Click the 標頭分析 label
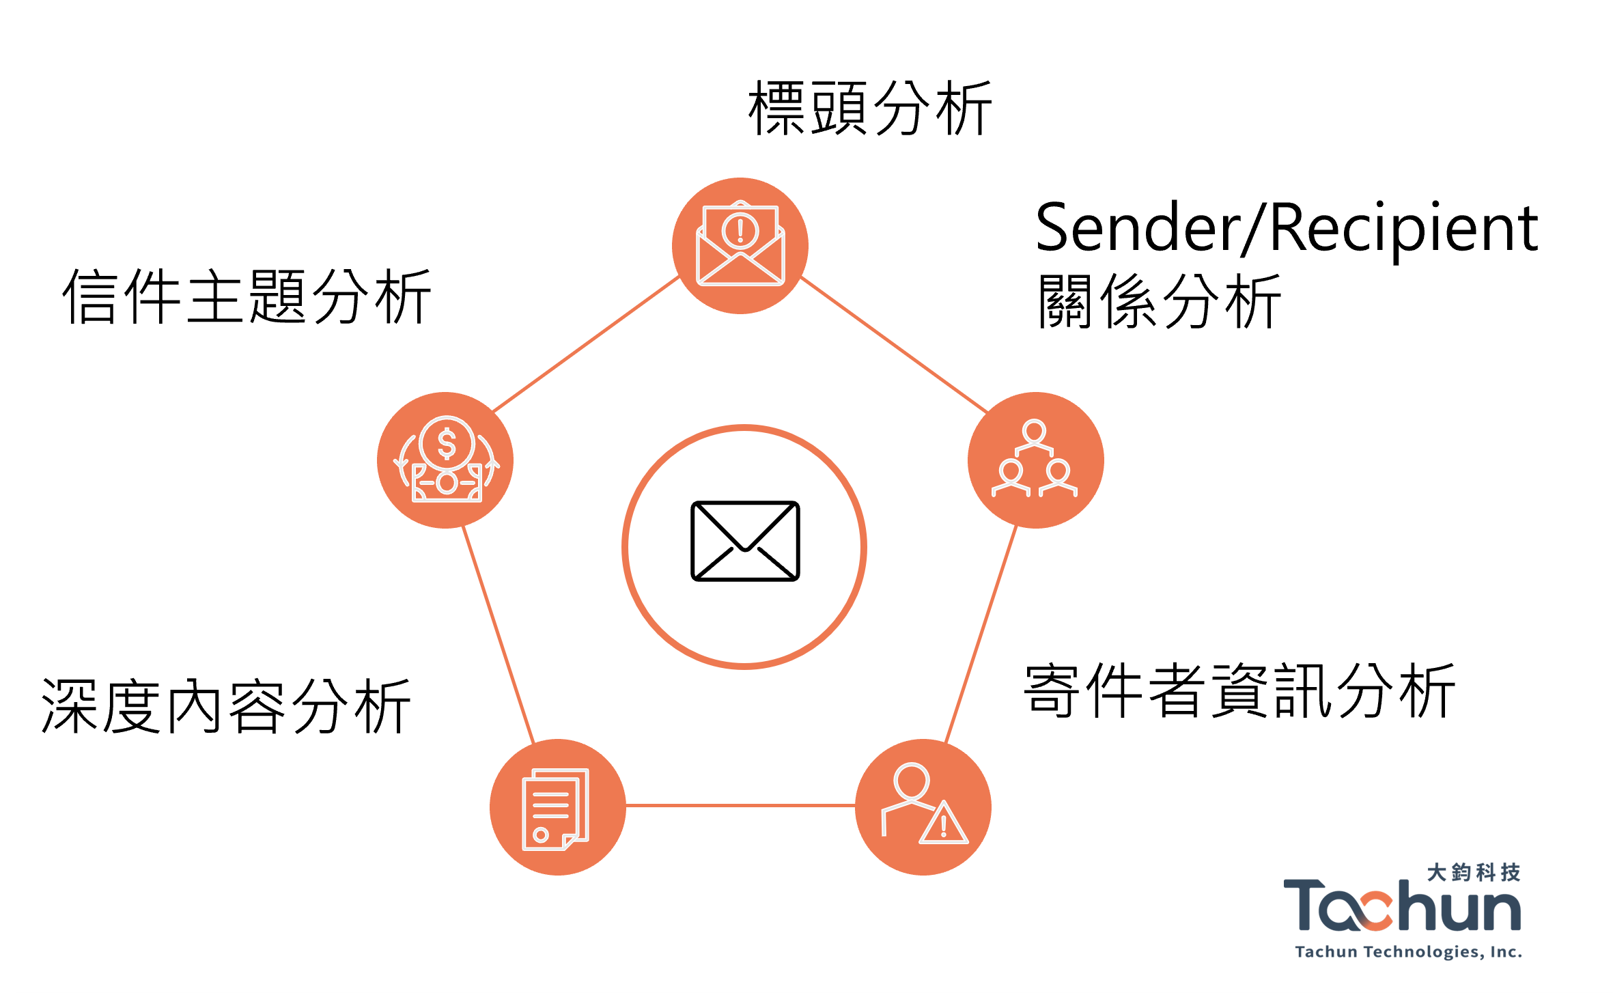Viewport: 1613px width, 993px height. (x=870, y=108)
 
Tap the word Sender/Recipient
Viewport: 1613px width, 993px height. (x=1287, y=228)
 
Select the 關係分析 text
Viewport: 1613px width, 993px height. (x=1159, y=301)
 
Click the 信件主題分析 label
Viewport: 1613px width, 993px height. (x=247, y=296)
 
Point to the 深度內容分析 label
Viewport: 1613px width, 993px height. (x=226, y=706)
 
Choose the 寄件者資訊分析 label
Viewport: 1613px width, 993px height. (x=1239, y=690)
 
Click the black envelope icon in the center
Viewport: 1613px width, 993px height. (x=745, y=541)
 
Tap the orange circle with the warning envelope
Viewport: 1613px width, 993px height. (x=740, y=246)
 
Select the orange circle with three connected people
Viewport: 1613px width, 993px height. (x=1036, y=460)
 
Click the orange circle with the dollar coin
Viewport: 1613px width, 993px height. (x=445, y=460)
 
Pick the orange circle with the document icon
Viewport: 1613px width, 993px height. (x=558, y=807)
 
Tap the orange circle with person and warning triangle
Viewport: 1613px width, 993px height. (x=923, y=807)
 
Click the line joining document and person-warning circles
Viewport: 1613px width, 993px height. (x=740, y=806)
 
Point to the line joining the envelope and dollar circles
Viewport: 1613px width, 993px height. (x=586, y=344)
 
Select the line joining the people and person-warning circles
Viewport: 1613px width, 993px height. (x=981, y=634)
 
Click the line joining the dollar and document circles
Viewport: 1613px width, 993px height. (x=499, y=634)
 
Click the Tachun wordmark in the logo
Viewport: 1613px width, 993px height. (x=1403, y=906)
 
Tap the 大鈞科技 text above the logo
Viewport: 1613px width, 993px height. (x=1474, y=872)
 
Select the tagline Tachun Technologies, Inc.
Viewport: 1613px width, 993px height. (x=1409, y=952)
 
